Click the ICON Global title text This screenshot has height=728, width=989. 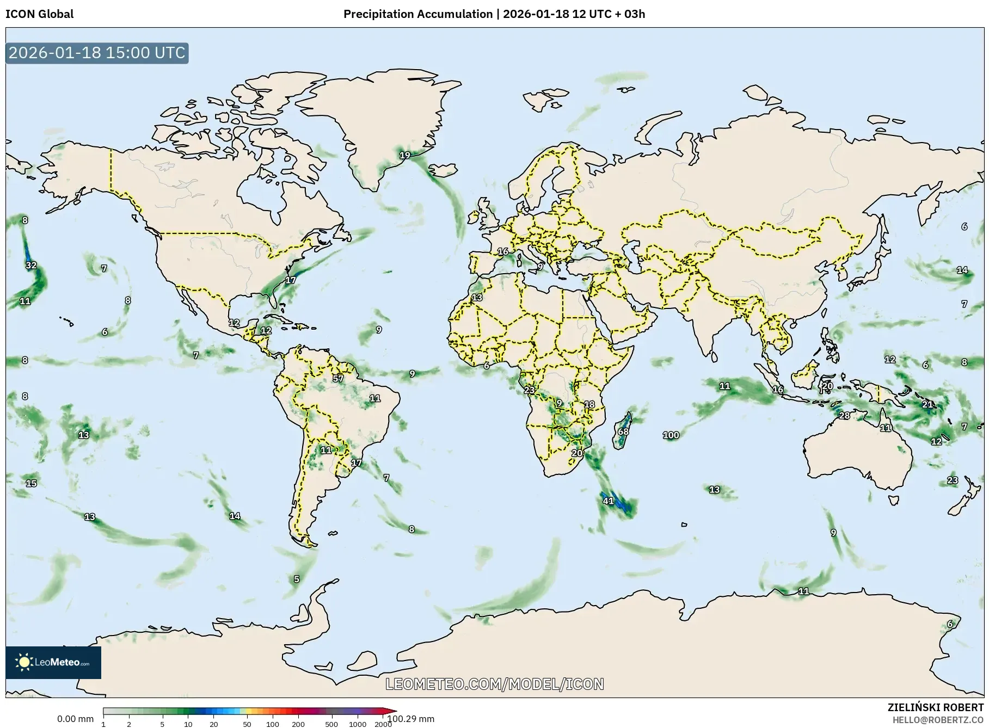[x=39, y=14]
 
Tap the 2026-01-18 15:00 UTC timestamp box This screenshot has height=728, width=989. [x=97, y=53]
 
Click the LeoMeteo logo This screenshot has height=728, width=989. [x=53, y=662]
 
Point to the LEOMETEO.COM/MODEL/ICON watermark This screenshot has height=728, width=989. [x=495, y=684]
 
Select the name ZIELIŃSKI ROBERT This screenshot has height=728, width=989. [x=935, y=707]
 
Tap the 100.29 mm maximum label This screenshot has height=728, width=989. [x=411, y=719]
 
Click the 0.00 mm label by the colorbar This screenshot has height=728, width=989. [x=75, y=719]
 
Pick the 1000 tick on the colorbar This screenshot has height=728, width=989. [x=357, y=724]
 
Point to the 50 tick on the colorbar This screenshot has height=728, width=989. [x=247, y=724]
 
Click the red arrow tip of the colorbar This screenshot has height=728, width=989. [x=390, y=711]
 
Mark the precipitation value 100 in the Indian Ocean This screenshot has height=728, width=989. [x=671, y=435]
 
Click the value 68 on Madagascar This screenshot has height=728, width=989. [x=623, y=431]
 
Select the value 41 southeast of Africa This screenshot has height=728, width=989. [x=608, y=501]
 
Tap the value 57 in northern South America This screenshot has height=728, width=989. [x=338, y=378]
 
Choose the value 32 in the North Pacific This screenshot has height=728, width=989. [x=31, y=266]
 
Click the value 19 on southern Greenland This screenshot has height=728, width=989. [x=404, y=155]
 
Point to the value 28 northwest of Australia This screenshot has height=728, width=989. [x=844, y=416]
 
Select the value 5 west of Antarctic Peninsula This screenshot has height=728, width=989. [x=297, y=579]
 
